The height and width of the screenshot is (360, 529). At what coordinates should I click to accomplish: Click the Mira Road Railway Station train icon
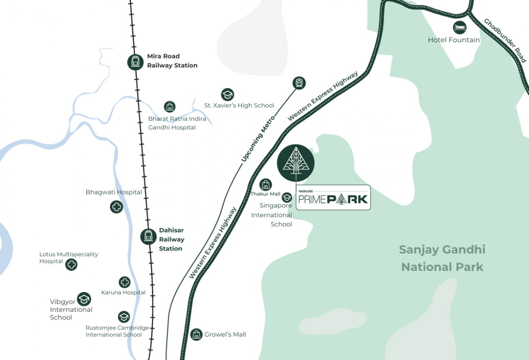(136, 62)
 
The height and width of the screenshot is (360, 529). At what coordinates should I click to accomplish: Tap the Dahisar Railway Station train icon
(148, 236)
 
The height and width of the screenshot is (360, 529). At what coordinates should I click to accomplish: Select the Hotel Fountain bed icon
(460, 27)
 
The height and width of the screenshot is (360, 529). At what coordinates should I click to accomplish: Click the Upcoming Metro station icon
(299, 83)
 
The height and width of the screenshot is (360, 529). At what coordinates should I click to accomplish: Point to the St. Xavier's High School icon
(227, 95)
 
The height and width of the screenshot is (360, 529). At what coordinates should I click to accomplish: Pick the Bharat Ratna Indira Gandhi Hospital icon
(169, 107)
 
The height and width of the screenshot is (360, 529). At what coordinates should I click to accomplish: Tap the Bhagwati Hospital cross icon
(116, 206)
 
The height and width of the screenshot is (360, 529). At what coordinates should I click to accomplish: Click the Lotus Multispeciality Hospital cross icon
(71, 264)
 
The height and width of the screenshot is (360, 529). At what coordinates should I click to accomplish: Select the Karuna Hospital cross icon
(124, 282)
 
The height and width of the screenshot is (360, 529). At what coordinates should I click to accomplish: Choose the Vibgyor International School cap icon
(84, 299)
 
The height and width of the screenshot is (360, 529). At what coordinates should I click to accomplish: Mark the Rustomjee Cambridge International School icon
(124, 317)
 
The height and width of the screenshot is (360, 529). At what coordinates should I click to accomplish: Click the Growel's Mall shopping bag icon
(196, 334)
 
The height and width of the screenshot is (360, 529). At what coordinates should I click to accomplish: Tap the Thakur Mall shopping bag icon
(265, 185)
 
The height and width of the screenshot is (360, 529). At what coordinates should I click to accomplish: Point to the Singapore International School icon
(287, 198)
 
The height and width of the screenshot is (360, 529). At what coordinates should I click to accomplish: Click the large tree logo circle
(295, 163)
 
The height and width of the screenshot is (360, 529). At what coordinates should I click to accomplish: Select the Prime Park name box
(333, 197)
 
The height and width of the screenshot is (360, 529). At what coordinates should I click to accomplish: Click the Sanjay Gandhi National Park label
(442, 258)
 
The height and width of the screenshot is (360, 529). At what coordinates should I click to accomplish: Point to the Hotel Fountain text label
(453, 40)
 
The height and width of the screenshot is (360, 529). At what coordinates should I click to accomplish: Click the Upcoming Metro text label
(257, 140)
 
